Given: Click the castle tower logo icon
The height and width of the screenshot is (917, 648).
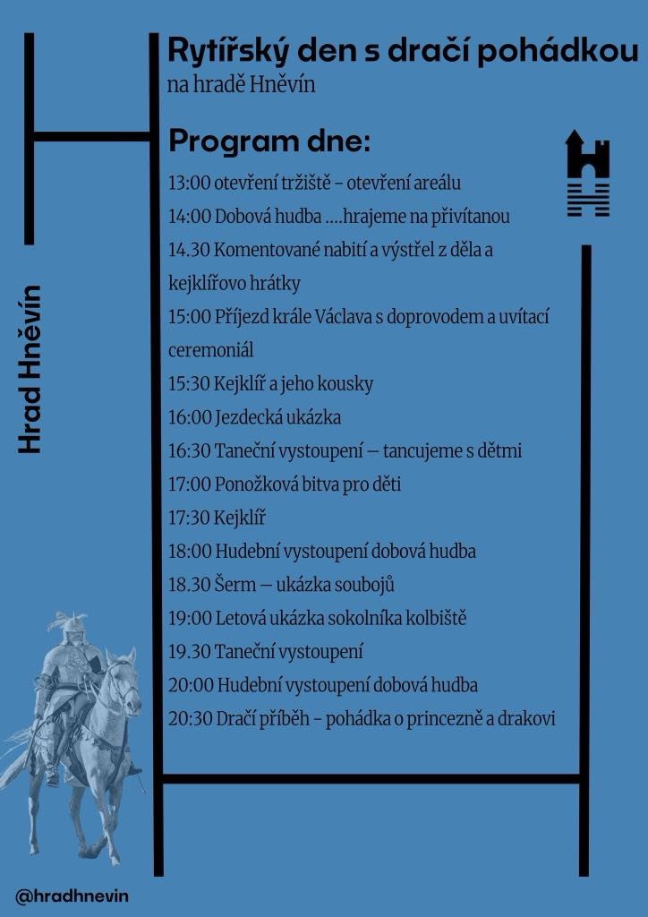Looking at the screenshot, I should [587, 172].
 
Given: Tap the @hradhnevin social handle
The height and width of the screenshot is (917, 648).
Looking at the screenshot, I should [65, 895].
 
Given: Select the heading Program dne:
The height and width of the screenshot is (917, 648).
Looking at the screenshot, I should [269, 142].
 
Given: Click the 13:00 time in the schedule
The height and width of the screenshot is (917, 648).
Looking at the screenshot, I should [189, 184].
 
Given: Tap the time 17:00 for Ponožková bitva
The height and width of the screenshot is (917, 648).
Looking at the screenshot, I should [189, 484].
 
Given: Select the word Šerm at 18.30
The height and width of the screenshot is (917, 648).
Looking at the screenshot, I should [235, 585].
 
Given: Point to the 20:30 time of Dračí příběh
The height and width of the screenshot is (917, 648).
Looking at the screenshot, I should [189, 719].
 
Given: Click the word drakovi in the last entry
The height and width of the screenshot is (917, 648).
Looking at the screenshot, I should [527, 719].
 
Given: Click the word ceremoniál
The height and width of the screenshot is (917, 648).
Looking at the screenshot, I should [210, 350].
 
